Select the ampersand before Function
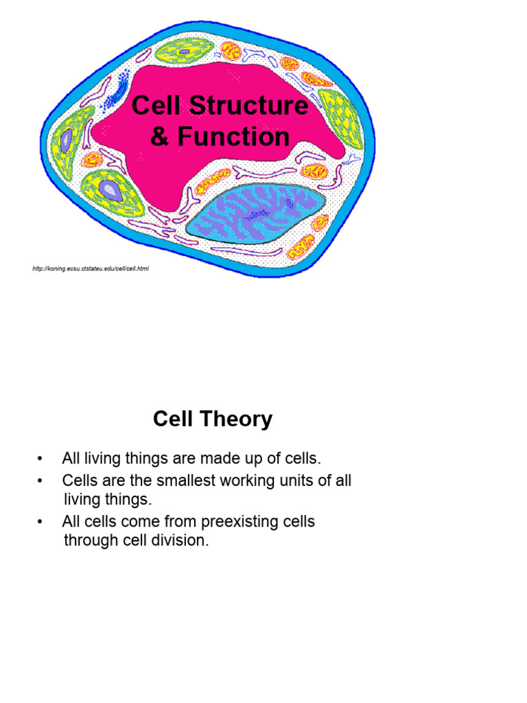click(x=159, y=137)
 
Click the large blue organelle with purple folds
click(x=255, y=211)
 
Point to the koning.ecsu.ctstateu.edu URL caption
click(x=90, y=268)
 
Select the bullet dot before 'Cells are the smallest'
click(x=41, y=481)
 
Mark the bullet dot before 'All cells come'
click(x=41, y=522)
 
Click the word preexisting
click(x=233, y=522)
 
